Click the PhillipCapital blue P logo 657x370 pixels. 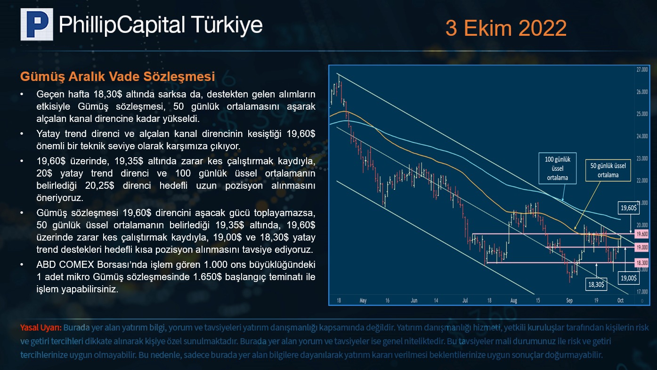coord(37,24)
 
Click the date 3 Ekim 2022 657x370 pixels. coord(506,28)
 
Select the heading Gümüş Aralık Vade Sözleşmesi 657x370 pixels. coord(118,77)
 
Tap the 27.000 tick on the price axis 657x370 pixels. coord(642,70)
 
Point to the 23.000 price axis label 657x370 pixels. coord(642,159)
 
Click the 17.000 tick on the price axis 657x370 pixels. coord(642,292)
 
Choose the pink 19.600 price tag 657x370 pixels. coord(642,234)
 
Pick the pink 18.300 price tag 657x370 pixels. coord(642,263)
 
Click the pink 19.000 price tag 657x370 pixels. coord(642,248)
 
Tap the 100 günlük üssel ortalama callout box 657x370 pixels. coord(558,168)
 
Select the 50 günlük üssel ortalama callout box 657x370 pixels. coord(608,170)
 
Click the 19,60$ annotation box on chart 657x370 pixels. coord(629,208)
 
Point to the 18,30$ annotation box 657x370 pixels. coord(596,284)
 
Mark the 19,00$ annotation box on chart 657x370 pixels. coord(629,278)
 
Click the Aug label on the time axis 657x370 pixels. coord(513,300)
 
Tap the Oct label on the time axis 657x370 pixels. coord(620,300)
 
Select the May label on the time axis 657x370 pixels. coord(363,300)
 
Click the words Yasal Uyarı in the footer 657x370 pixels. coord(41,328)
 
